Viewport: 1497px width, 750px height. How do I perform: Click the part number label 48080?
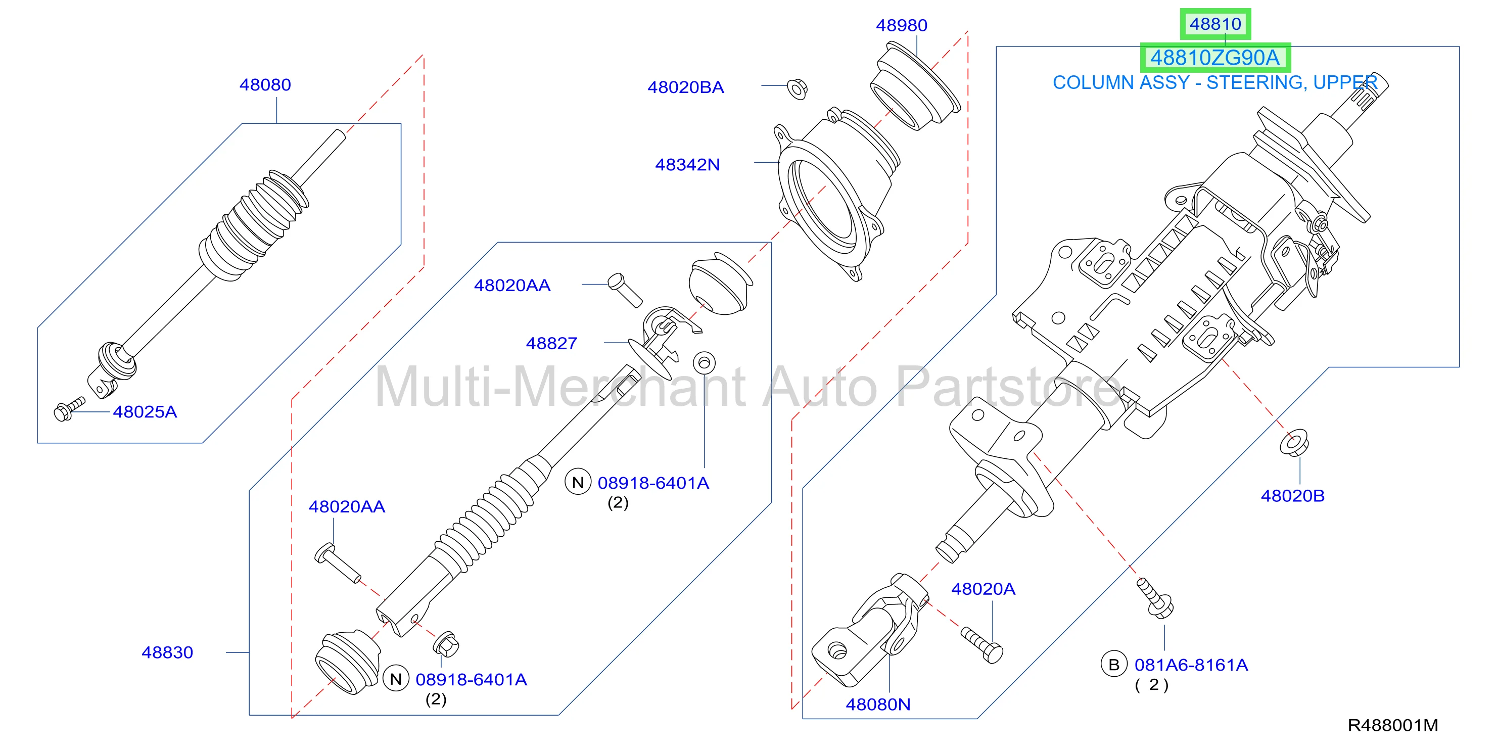265,85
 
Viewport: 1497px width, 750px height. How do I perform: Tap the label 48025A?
145,412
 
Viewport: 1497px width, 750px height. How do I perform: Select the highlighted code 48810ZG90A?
1215,58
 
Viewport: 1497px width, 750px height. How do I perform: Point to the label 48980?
901,26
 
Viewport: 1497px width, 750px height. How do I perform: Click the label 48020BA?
686,87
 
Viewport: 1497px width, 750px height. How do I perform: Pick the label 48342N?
687,165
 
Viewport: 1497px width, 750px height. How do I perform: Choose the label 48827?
551,343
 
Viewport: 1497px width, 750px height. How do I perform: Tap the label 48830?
167,652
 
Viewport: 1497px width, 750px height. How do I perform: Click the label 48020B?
1292,496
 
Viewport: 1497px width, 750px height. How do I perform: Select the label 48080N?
878,704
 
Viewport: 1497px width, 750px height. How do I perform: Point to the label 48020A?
984,589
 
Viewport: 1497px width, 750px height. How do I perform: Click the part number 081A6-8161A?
1191,665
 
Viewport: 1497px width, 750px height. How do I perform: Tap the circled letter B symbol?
1114,665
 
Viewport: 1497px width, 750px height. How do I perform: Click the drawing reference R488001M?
1393,725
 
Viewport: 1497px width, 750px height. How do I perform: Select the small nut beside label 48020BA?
798,88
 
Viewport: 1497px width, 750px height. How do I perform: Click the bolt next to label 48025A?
69,409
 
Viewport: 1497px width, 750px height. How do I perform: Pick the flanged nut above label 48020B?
1294,443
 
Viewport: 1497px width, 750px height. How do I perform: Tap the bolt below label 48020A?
982,644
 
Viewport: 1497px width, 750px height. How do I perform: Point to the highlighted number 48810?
1215,24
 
